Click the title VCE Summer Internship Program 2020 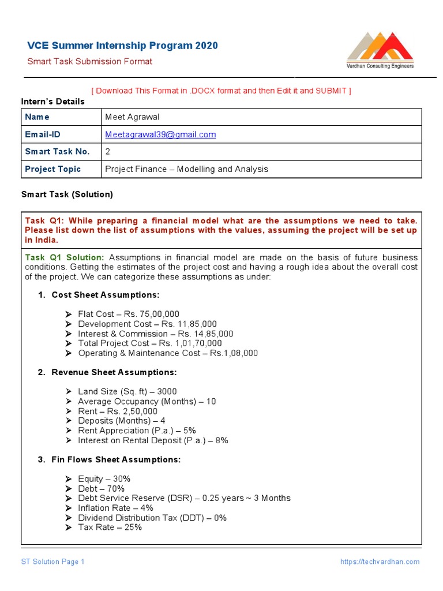(x=123, y=46)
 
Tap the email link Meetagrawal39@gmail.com (x=160, y=134)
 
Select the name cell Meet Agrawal (x=132, y=117)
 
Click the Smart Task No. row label (x=57, y=152)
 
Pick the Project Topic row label (x=53, y=169)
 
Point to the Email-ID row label (x=43, y=134)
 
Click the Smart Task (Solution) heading (x=67, y=194)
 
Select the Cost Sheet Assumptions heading (x=106, y=295)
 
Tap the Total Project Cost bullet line (x=150, y=343)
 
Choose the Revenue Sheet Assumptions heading (x=114, y=372)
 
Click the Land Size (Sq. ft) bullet (x=127, y=391)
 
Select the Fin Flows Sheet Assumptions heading (x=116, y=459)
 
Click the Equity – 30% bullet (x=104, y=479)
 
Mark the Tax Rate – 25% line (x=110, y=528)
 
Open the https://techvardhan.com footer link (x=380, y=562)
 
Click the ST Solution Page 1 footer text (x=53, y=562)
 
